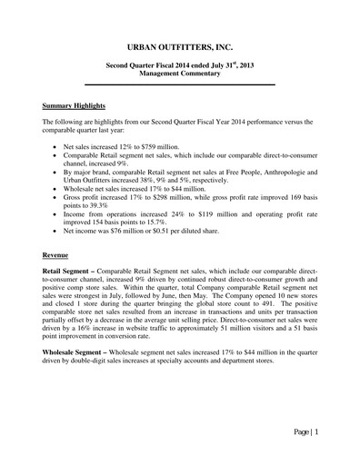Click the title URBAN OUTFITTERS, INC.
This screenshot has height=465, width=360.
pyautogui.click(x=181, y=45)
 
